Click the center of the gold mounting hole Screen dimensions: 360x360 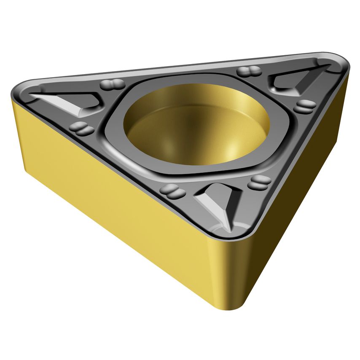click(196, 125)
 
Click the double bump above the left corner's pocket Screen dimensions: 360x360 click(112, 84)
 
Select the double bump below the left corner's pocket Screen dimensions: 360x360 click(82, 129)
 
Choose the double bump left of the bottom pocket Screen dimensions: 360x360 click(173, 192)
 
